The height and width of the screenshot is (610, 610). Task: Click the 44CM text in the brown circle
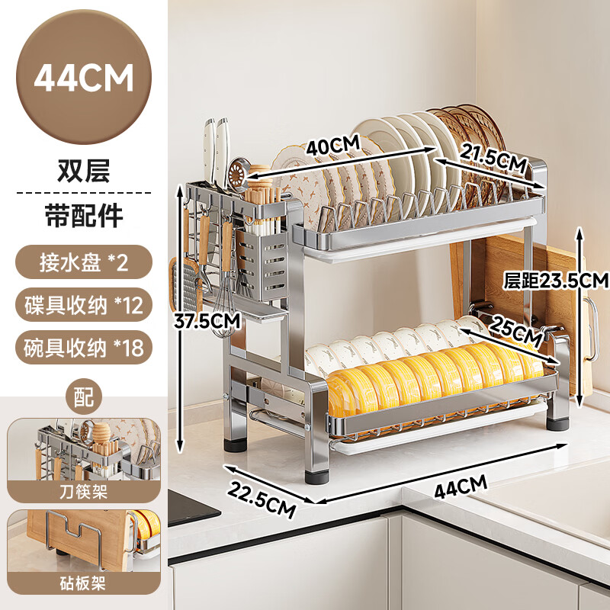[x=84, y=78]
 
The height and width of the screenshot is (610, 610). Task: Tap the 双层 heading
[x=84, y=170]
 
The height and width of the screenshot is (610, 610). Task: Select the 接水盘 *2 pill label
[x=84, y=262]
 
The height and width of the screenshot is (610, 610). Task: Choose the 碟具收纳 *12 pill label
[x=84, y=305]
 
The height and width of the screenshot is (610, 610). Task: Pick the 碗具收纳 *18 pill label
[x=84, y=348]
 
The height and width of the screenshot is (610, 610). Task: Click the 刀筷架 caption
[x=83, y=492]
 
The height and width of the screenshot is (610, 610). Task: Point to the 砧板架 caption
[x=83, y=583]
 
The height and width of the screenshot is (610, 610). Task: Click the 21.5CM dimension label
[x=493, y=158]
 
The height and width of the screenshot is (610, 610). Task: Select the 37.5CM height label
[x=207, y=321]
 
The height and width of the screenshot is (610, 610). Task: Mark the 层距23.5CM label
[x=556, y=280]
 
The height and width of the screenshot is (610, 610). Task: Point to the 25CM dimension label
[x=515, y=331]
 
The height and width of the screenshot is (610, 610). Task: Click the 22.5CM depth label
[x=262, y=499]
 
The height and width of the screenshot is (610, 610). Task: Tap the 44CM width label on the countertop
[x=461, y=486]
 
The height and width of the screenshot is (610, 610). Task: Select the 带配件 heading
[x=84, y=215]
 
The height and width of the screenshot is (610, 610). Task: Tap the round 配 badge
[x=84, y=396]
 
